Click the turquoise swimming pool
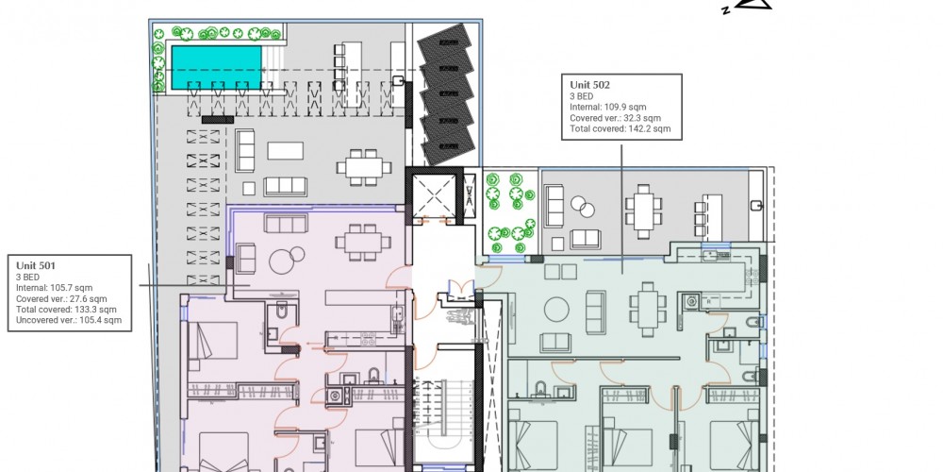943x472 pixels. coord(217,67)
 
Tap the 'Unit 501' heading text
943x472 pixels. coord(36,265)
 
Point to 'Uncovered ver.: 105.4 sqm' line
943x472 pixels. coord(69,320)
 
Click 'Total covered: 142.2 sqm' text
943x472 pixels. coord(620,128)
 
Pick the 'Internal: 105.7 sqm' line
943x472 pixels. coord(54,288)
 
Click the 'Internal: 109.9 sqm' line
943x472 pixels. coord(608,108)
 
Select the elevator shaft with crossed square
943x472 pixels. coord(434,194)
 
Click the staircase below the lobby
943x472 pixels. coord(442,421)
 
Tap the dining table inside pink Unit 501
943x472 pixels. coord(363,242)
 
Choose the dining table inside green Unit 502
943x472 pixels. coord(648,309)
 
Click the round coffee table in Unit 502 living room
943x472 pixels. coord(556,310)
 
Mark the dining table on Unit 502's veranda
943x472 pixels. coord(643,211)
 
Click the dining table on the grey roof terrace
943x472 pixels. coord(364,167)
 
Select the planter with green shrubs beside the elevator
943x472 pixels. coord(510,212)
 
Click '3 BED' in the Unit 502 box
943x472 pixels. coord(581,96)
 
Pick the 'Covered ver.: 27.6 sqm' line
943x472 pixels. coord(61,298)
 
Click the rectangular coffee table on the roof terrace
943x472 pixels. coord(285,150)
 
